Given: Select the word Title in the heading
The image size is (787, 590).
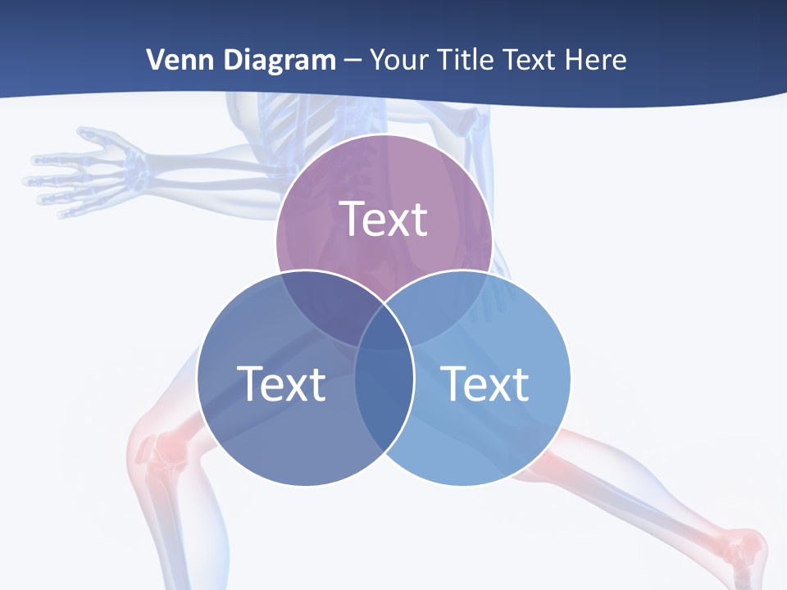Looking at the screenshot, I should (x=466, y=60).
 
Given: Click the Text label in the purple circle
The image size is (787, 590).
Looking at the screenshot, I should (x=384, y=219).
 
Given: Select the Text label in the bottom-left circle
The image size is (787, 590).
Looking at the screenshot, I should (x=281, y=383).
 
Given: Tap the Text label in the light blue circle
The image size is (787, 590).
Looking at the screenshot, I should (x=484, y=383).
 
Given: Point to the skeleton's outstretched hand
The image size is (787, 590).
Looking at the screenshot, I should (x=82, y=172).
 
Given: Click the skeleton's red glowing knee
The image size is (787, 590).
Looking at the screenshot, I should (x=156, y=447).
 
